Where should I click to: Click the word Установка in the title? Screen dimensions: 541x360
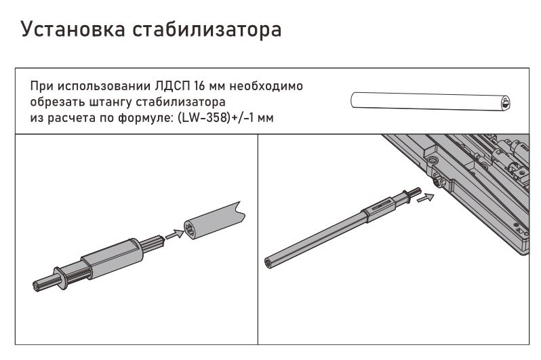click(x=73, y=30)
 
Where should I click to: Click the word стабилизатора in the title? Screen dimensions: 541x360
click(x=207, y=30)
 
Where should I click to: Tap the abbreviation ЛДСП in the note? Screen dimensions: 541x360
click(x=172, y=85)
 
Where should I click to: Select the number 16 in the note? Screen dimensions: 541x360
click(x=200, y=85)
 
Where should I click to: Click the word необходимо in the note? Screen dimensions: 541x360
click(x=266, y=85)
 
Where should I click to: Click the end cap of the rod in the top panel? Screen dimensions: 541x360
click(x=505, y=103)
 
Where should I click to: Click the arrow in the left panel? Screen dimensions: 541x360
click(x=175, y=234)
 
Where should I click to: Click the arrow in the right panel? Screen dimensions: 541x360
click(x=425, y=198)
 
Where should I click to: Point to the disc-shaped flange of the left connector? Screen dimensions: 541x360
click(x=61, y=277)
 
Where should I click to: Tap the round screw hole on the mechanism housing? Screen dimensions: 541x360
click(x=433, y=159)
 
